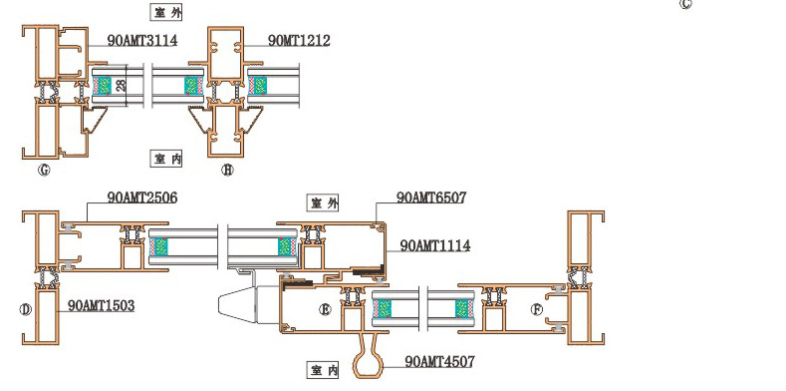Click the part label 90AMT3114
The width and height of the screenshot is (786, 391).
[x=142, y=41]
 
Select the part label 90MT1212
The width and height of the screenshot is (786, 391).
[x=299, y=41]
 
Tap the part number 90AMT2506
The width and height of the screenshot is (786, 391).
[x=142, y=197]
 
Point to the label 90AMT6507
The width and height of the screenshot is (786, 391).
[x=431, y=197]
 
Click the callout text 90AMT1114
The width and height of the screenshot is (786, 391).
[x=435, y=246]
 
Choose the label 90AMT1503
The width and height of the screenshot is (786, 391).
[x=102, y=305]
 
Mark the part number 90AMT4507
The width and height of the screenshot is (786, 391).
[x=439, y=362]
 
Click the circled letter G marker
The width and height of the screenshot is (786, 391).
[x=44, y=171]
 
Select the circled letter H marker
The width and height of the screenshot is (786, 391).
[x=227, y=171]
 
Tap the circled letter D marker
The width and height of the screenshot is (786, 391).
[x=26, y=309]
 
